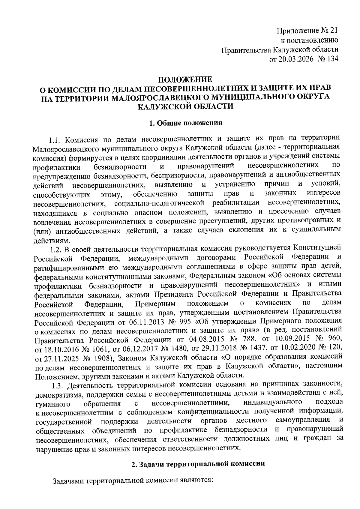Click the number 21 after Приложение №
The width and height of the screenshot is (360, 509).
pos(334,31)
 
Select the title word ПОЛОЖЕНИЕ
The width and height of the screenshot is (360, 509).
pos(185,80)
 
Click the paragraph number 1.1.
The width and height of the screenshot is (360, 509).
pos(55,139)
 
